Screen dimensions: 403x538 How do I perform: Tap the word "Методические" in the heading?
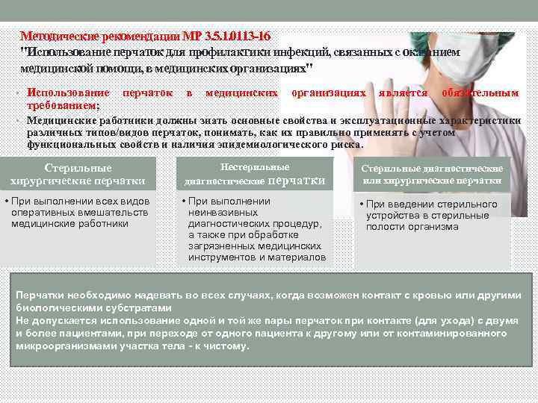(57, 37)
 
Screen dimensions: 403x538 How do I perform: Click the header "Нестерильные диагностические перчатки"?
(255, 174)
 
